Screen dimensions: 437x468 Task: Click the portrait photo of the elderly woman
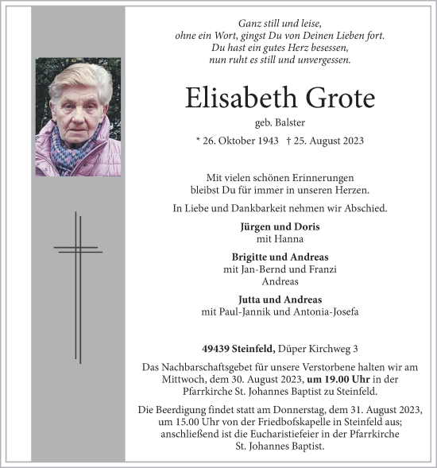click(78, 117)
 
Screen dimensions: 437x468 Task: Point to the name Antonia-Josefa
click(327, 312)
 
